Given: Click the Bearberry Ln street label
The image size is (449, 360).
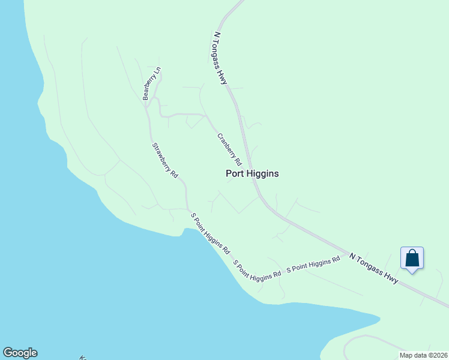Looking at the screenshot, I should click(x=152, y=83).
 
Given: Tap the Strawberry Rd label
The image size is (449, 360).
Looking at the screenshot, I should click(x=165, y=160).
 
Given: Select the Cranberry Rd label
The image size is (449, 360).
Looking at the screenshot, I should click(x=229, y=149).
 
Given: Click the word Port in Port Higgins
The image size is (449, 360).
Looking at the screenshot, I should click(x=235, y=173).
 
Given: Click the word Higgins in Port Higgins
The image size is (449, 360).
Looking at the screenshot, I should click(x=262, y=173).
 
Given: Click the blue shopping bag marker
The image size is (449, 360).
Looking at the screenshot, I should click(x=412, y=259).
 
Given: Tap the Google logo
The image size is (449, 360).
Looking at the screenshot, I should click(x=20, y=353).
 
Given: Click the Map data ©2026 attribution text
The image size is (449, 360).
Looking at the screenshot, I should click(x=423, y=355).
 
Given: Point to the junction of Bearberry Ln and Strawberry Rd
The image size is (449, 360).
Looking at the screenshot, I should click(x=146, y=108).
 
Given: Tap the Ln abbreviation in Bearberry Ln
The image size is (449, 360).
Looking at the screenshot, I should click(x=158, y=71).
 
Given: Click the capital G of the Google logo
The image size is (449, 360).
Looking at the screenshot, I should click(x=8, y=353).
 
